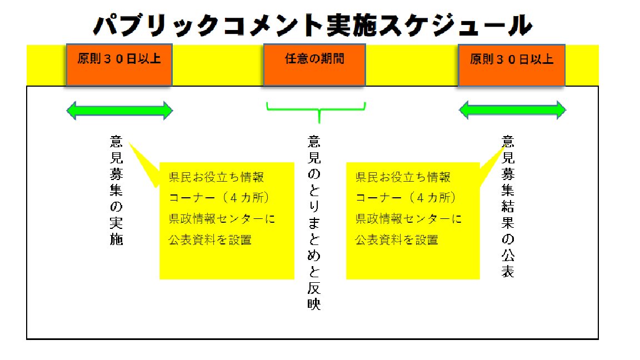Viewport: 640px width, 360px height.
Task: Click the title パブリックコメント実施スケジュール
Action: click(x=313, y=26)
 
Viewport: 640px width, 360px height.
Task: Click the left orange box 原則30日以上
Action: click(x=119, y=64)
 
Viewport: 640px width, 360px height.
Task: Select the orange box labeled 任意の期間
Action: click(x=314, y=64)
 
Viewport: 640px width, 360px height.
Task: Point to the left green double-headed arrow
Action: click(x=119, y=111)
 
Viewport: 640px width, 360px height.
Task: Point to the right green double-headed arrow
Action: click(x=512, y=111)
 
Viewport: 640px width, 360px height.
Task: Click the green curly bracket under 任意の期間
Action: click(x=317, y=109)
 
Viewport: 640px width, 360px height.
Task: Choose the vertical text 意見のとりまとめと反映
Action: click(x=314, y=222)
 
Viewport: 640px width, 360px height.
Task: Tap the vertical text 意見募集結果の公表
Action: click(x=508, y=206)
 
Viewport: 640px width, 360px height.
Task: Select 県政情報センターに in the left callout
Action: click(x=222, y=219)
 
